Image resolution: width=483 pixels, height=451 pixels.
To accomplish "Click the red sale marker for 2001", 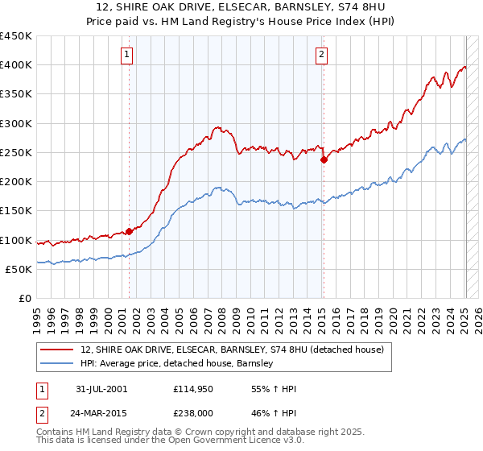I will (129, 231).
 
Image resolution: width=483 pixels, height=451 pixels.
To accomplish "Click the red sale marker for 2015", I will (323, 159).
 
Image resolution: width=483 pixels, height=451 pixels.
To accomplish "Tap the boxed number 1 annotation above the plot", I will (128, 55).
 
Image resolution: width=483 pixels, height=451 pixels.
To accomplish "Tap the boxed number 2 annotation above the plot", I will (321, 55).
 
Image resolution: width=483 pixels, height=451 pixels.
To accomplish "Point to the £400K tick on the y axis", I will (16, 65).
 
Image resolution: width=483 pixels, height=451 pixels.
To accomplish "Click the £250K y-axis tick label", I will (16, 152).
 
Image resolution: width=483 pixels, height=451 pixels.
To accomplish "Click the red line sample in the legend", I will (58, 350).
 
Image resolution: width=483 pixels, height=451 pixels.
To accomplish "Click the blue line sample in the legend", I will (58, 364).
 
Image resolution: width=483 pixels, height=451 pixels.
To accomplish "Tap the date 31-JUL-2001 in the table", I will (101, 389).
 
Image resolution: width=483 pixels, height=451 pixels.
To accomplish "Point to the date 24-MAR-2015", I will (101, 412).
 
